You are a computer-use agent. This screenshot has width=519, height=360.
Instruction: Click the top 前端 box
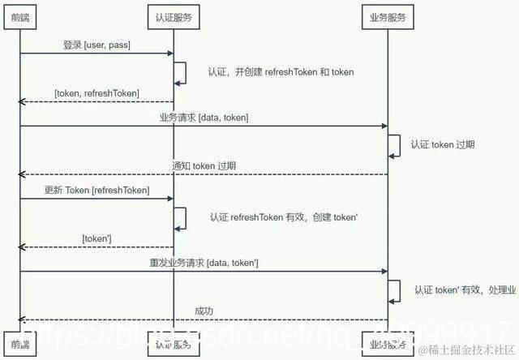(19, 16)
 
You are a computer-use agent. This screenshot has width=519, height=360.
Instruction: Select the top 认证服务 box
(174, 16)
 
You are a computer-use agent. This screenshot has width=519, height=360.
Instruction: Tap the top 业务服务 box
(387, 16)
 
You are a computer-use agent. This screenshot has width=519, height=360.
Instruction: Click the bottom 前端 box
(19, 345)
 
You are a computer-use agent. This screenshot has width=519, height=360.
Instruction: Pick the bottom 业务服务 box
(387, 345)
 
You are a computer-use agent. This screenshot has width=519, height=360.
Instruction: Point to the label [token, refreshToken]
(97, 94)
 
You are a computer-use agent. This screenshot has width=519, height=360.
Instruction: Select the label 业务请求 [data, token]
(204, 118)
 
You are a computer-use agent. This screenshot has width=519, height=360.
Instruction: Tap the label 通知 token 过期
(204, 166)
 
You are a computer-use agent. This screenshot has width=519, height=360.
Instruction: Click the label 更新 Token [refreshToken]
(97, 190)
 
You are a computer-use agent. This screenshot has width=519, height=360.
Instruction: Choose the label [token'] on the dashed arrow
(97, 239)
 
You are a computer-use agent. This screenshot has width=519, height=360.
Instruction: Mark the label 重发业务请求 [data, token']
(204, 263)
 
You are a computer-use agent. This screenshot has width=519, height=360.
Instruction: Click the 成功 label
(204, 311)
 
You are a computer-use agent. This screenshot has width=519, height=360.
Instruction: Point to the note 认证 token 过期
(443, 144)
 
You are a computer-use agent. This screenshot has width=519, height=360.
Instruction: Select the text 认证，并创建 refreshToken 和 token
(281, 72)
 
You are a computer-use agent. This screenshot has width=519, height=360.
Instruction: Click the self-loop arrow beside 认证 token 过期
(395, 144)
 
